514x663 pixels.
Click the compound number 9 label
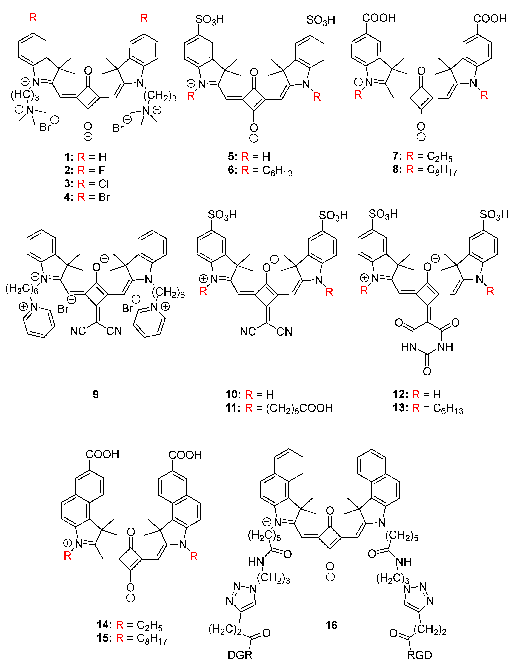click(x=96, y=394)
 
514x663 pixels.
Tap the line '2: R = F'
click(x=84, y=170)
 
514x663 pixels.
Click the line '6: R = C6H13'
click(x=260, y=171)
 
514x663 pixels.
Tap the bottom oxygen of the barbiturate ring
click(x=427, y=371)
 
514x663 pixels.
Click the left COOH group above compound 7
click(x=379, y=18)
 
